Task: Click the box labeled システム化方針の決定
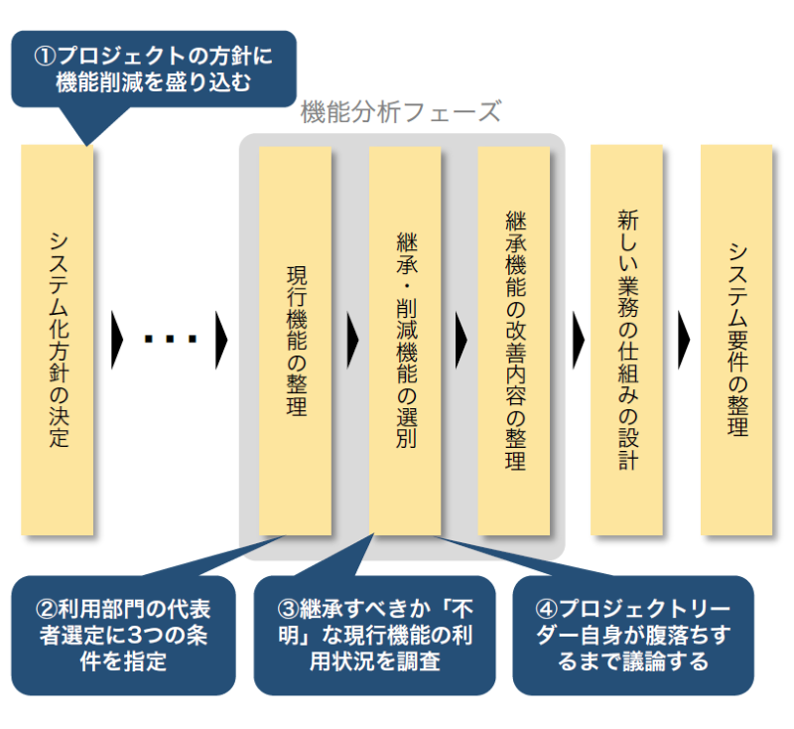coord(58,340)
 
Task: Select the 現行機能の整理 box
coord(295,340)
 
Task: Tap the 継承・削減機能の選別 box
coord(404,340)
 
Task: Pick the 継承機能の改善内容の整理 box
coord(513,340)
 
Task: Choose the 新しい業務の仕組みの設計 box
coord(626,340)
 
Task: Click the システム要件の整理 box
coord(735,340)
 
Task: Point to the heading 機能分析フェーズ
coord(400,111)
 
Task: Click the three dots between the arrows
coord(171,340)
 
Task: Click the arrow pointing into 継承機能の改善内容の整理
coord(462,341)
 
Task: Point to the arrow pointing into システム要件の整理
coord(684,341)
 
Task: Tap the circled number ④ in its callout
coord(544,609)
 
